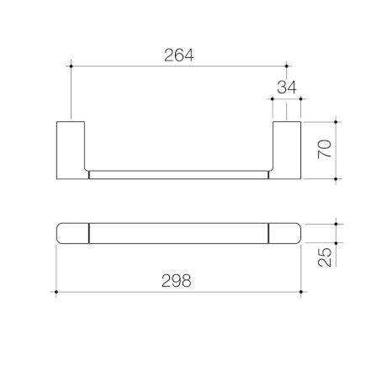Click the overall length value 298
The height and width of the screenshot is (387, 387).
(x=179, y=281)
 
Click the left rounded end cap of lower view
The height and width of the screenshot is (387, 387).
(x=72, y=232)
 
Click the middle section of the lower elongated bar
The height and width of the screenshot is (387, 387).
(x=179, y=232)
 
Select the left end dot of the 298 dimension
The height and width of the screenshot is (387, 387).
(x=56, y=291)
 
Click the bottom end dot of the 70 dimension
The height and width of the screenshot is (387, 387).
(x=337, y=179)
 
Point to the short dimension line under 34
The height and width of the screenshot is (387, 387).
(x=286, y=99)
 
